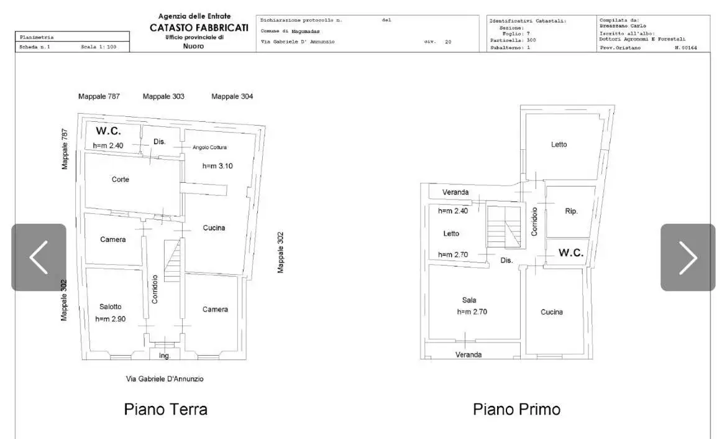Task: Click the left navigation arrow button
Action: (x=39, y=257)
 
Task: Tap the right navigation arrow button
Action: (x=687, y=257)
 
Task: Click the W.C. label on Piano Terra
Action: (x=108, y=131)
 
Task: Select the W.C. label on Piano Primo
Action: (x=570, y=253)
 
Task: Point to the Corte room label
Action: (x=121, y=180)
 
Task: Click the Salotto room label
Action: (x=111, y=307)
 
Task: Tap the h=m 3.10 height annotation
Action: (x=217, y=166)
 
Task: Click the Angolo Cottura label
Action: (x=209, y=147)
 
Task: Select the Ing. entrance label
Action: (x=164, y=356)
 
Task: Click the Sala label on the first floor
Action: (x=469, y=300)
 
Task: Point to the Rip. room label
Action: (x=571, y=211)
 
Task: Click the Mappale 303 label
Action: (x=163, y=96)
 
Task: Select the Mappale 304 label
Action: (x=232, y=96)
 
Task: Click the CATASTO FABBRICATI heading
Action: (x=199, y=28)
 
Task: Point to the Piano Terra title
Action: (x=165, y=409)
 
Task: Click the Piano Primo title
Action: (x=516, y=409)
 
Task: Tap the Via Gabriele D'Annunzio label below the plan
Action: (x=165, y=379)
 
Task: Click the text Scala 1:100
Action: (x=98, y=47)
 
